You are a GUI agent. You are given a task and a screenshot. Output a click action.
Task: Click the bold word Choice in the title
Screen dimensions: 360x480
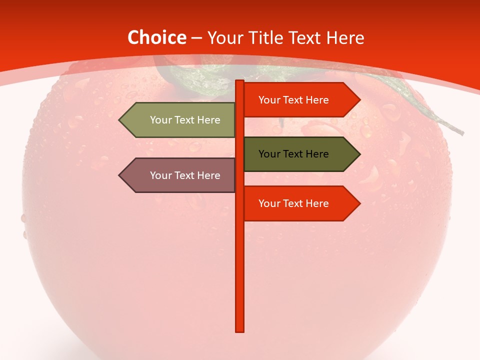coord(156,38)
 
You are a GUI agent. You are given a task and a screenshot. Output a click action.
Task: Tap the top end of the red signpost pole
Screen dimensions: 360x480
coord(240,81)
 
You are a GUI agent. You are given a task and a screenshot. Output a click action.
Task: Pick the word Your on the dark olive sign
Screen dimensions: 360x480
coord(269,154)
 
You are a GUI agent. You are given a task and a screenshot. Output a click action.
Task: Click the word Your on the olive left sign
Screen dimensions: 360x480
coord(160,120)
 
